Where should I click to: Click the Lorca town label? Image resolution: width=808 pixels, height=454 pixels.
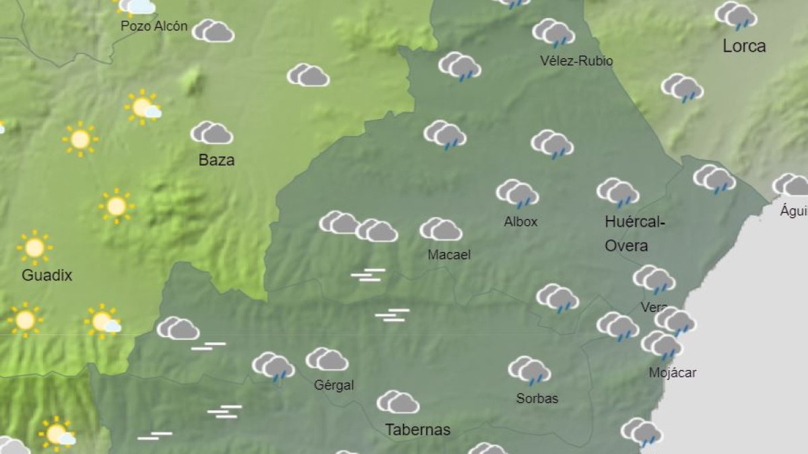pos(744,46)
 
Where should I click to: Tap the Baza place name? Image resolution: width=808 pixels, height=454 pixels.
pos(216,160)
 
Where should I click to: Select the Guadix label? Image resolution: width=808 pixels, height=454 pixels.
pos(46,275)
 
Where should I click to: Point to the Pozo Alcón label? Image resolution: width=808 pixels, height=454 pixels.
pos(154,26)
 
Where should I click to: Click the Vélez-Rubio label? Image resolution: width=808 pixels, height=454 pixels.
pos(576,61)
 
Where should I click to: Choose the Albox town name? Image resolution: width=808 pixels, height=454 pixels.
pos(520,221)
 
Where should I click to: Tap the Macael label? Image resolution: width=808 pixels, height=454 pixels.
pos(449,255)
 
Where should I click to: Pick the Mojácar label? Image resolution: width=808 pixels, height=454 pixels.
pos(673,373)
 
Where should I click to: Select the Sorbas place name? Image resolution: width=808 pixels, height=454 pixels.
pos(537,398)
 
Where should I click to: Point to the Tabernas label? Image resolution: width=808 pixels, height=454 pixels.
pos(417,430)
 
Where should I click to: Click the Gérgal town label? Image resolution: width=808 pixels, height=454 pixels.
pos(334,385)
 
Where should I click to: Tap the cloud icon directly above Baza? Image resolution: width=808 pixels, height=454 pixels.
pos(211,133)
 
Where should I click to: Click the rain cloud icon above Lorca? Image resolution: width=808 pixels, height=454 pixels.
pos(736,15)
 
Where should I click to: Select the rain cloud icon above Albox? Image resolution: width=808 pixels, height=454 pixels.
pos(517,193)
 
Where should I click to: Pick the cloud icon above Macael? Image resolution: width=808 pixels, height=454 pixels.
pos(440,229)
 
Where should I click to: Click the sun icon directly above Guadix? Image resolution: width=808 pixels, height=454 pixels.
pos(34,248)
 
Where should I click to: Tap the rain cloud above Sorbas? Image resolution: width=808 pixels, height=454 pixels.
pos(529,370)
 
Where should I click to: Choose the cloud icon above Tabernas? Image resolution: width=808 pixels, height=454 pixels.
pos(398,402)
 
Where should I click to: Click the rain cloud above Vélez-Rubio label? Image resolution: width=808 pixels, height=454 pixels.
pos(553,32)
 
